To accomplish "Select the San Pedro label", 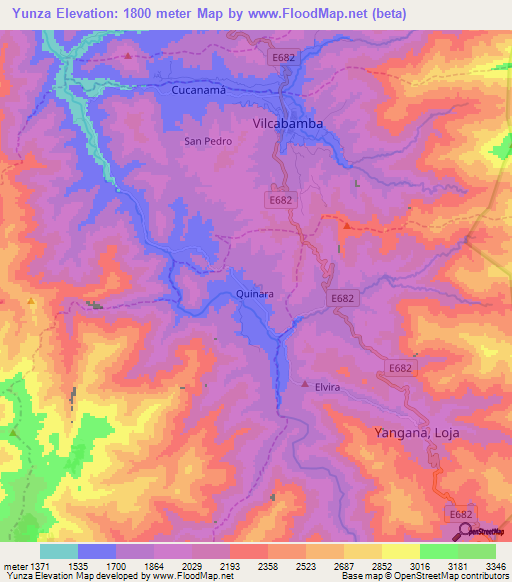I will pyautogui.click(x=208, y=141).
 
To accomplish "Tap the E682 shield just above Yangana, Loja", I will pyautogui.click(x=401, y=369).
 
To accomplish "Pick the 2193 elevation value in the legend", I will pyautogui.click(x=230, y=565).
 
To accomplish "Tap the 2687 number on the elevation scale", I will pyautogui.click(x=344, y=565).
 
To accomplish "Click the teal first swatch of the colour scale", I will pyautogui.click(x=58, y=551).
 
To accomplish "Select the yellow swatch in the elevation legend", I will pyautogui.click(x=400, y=551).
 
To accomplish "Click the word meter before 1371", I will pyautogui.click(x=14, y=565).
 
